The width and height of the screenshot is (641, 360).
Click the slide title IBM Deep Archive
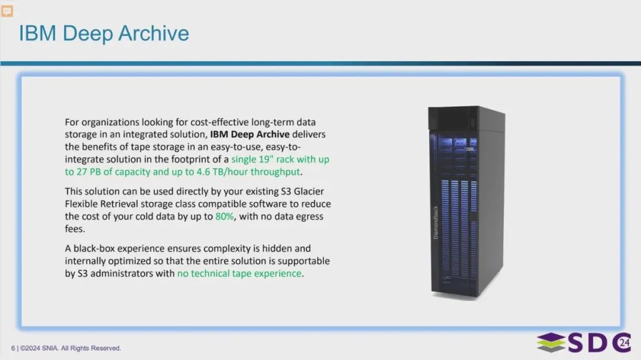click(x=104, y=33)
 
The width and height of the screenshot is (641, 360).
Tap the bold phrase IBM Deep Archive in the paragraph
click(x=249, y=135)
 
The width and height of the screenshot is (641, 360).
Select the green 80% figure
click(x=224, y=216)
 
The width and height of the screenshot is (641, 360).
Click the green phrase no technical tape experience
click(x=239, y=273)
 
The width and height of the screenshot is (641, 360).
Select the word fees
click(x=75, y=228)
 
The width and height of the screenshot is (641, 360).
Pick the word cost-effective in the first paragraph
click(x=221, y=122)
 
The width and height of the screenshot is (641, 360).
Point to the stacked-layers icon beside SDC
click(x=551, y=342)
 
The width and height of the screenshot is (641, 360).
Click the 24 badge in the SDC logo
click(x=624, y=342)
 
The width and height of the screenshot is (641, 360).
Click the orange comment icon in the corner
click(x=7, y=11)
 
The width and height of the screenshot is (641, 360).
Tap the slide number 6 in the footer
click(x=12, y=348)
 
